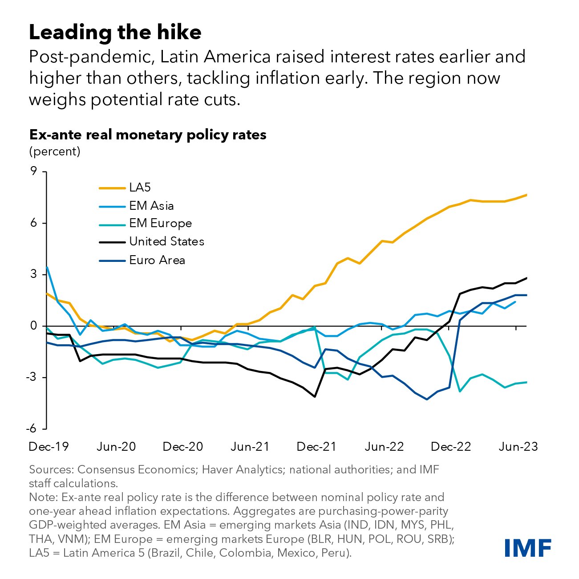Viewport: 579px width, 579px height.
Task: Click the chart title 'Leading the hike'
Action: [x=115, y=33]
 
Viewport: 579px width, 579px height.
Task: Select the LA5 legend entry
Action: [x=140, y=188]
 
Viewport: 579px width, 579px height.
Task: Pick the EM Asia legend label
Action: [x=151, y=206]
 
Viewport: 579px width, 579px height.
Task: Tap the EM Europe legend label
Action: [x=160, y=223]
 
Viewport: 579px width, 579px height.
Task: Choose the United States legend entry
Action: [x=166, y=241]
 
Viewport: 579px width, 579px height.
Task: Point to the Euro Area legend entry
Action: [x=157, y=260]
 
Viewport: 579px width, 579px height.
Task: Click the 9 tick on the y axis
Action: [x=33, y=171]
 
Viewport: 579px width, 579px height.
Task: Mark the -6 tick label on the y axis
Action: [x=31, y=429]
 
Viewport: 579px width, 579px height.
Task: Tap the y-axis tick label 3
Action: [x=33, y=274]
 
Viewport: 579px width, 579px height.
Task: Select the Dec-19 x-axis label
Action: [x=49, y=447]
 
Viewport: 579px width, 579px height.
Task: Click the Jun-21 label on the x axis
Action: [x=250, y=447]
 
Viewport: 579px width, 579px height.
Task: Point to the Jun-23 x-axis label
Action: [x=518, y=447]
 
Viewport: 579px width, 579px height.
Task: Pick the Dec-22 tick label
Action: [x=451, y=447]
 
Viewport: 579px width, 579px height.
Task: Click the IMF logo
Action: [x=528, y=547]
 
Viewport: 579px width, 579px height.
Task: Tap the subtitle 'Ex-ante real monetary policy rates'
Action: [x=148, y=135]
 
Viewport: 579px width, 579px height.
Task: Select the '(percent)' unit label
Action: [x=55, y=151]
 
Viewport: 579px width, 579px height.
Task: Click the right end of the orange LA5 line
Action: [x=526, y=195]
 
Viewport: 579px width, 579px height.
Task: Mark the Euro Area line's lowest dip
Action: [x=427, y=399]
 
